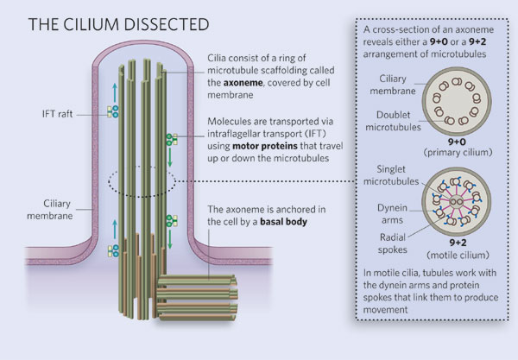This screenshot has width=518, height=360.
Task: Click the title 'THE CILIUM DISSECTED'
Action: (x=110, y=23)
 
